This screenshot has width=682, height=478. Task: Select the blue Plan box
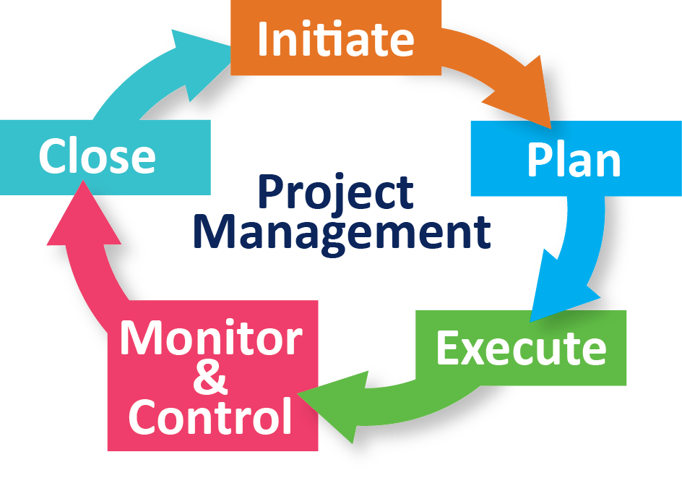click(575, 158)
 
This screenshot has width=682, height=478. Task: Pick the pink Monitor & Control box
click(212, 375)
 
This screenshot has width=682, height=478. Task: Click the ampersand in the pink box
click(210, 377)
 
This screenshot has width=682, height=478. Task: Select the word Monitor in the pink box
click(210, 338)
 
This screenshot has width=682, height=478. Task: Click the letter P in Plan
click(538, 160)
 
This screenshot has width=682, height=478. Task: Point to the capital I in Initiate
click(264, 39)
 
